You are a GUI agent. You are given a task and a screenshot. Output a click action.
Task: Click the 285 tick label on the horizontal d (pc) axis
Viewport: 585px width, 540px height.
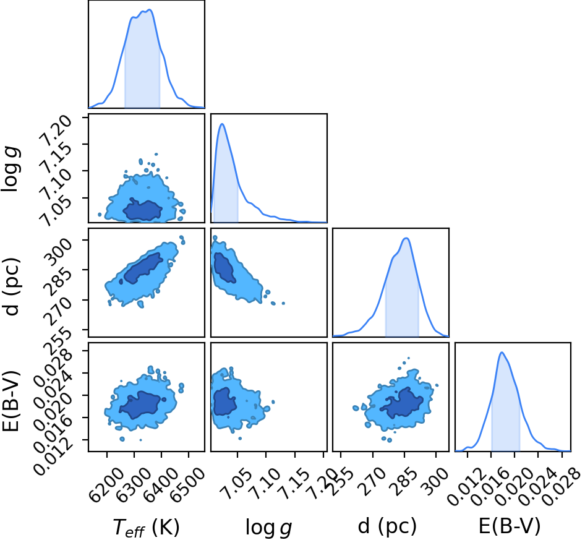click(x=403, y=482)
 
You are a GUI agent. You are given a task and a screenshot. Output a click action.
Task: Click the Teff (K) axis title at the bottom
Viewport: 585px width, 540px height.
click(x=146, y=528)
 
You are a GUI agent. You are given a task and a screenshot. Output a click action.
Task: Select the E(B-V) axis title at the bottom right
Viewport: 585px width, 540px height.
click(x=510, y=526)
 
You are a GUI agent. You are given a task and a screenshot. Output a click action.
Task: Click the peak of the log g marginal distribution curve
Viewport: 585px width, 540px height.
click(x=223, y=124)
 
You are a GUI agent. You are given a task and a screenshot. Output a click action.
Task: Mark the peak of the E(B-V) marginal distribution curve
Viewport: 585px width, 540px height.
click(x=502, y=353)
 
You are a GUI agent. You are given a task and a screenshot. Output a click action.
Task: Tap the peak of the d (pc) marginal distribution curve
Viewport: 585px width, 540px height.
click(x=406, y=238)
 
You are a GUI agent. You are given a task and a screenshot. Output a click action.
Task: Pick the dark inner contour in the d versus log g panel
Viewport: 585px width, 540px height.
click(x=224, y=267)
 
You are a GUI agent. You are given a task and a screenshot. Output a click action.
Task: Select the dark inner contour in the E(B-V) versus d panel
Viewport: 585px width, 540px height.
click(x=402, y=403)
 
